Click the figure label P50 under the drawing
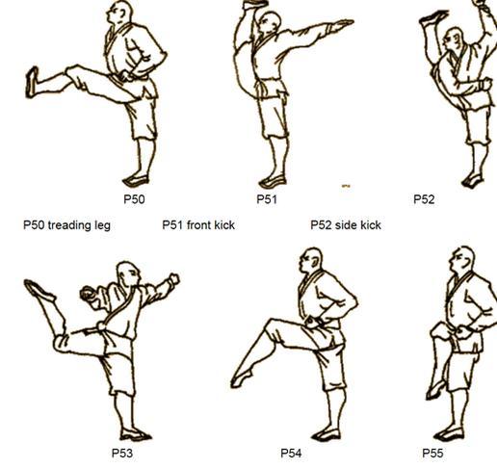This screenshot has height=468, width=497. pos(134,199)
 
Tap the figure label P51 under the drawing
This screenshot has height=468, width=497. pos(267,199)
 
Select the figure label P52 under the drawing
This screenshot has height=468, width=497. pos(424,199)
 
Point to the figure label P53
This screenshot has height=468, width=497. pos(122,454)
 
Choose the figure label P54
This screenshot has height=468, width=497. pos(291,454)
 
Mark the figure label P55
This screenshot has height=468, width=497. pos(432,454)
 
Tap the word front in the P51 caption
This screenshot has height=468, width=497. pos(198,225)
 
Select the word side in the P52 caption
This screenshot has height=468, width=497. pos(345,225)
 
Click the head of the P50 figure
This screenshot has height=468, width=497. pos(121,13)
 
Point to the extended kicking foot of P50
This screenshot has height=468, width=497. pos(32,82)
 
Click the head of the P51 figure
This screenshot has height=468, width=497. pos(270,22)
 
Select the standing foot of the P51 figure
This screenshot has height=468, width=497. pos(273,182)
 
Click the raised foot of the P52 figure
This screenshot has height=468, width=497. pos(433,17)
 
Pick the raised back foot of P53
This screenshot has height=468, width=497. pos(39,290)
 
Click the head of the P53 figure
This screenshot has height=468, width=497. pos(128,273)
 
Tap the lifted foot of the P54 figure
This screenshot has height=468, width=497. pos(242,378)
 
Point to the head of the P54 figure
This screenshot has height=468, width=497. pos(311,260)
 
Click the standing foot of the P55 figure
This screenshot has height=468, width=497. pos(449,434)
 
